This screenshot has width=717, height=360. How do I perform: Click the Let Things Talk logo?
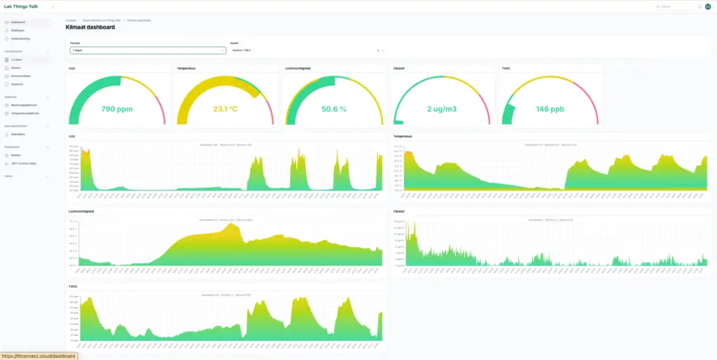point(21,6)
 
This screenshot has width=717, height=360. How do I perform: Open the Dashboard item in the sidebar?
point(18,22)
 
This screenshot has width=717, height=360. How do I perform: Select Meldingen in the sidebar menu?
point(18,30)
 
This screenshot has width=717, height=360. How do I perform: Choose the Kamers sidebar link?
point(16,67)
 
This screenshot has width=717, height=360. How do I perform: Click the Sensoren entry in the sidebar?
point(18,83)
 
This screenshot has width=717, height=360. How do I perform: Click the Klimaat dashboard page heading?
point(90,27)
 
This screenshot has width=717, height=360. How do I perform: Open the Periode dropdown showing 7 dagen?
point(147,50)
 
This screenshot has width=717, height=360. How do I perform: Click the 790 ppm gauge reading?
point(117,109)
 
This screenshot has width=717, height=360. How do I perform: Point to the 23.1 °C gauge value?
point(225,109)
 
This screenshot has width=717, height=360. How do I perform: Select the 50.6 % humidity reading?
point(333,109)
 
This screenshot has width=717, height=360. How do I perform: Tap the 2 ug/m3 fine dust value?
point(441,109)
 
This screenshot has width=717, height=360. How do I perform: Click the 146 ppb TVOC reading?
point(550,109)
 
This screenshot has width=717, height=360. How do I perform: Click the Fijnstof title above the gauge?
point(399,69)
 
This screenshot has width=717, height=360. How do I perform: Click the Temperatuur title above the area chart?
point(404,136)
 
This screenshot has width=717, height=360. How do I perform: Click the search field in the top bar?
point(676,6)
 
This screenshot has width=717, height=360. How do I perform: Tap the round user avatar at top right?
point(708,6)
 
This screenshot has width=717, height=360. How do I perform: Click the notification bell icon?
point(699,6)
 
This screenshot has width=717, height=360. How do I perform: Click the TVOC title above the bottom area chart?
point(73,286)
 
